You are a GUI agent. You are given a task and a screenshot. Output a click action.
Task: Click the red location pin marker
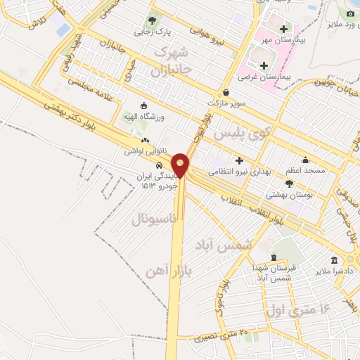click(x=181, y=165)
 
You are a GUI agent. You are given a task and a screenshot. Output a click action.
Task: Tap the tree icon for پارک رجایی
click(x=153, y=20)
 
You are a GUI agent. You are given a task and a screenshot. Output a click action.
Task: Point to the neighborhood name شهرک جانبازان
click(x=170, y=62)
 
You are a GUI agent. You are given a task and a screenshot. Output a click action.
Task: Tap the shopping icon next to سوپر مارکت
click(x=226, y=92)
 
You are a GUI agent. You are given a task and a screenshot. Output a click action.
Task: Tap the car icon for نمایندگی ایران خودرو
click(x=160, y=165)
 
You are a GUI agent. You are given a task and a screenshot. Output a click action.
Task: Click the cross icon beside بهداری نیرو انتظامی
click(x=240, y=160)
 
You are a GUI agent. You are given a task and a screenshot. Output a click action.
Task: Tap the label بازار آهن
click(x=168, y=269)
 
